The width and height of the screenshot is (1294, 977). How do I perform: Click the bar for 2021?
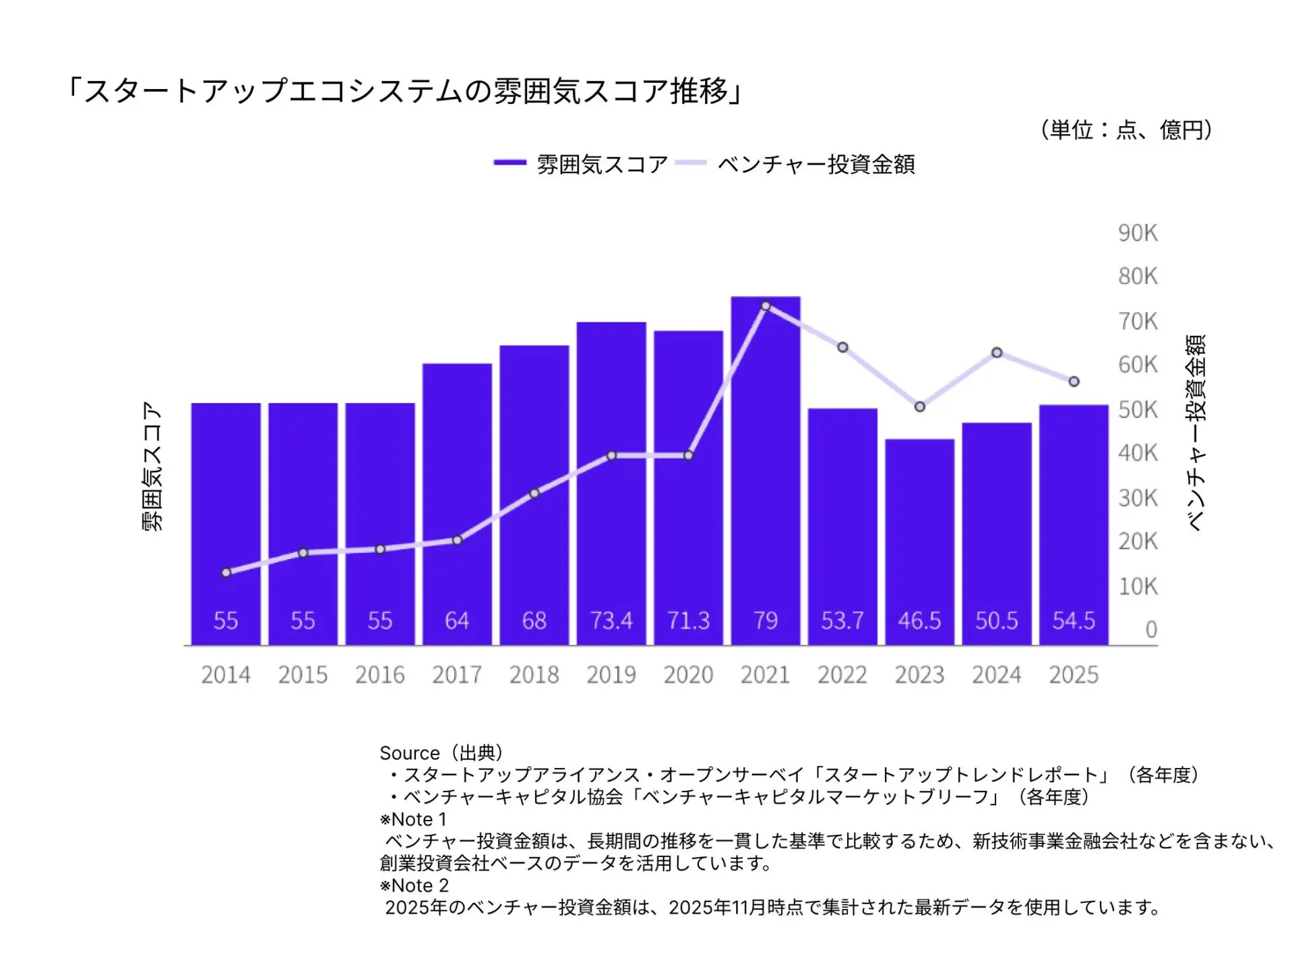[766, 472]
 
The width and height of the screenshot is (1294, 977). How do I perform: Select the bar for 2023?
[919, 539]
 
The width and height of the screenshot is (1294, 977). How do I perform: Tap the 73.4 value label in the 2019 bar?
[611, 620]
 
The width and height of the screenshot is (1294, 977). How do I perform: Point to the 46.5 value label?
[919, 620]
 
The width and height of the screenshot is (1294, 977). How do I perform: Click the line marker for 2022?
[842, 347]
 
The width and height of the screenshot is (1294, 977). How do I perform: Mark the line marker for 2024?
[997, 353]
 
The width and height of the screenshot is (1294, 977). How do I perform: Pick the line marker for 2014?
[226, 572]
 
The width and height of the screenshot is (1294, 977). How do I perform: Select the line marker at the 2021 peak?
[766, 306]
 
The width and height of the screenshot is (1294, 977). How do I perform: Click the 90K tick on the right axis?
[1138, 233]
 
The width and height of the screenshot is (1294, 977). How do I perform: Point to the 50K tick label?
[1138, 410]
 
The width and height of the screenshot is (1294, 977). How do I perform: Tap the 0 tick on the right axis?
[1151, 630]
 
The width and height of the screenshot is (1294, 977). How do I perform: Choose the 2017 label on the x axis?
[457, 675]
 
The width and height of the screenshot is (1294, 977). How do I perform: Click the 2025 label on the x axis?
[1074, 675]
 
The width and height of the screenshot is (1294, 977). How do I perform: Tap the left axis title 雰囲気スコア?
[153, 467]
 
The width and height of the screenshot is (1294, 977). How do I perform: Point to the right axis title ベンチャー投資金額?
[1196, 433]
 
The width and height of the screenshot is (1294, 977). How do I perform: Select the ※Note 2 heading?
[414, 885]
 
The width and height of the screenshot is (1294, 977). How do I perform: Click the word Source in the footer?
[409, 753]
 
